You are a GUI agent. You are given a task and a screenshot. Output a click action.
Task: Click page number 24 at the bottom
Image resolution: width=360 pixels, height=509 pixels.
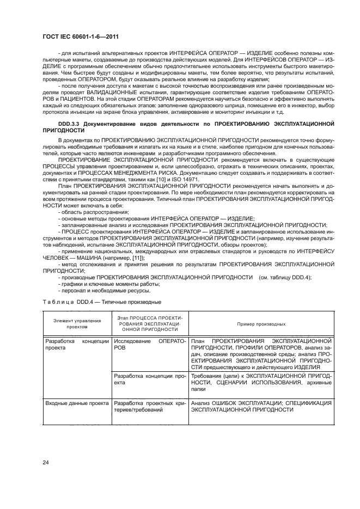click(46, 462)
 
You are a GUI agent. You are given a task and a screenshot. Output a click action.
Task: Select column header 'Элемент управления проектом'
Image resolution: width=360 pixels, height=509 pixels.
click(77, 324)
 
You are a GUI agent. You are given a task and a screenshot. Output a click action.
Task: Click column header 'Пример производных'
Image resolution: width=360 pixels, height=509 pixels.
click(261, 324)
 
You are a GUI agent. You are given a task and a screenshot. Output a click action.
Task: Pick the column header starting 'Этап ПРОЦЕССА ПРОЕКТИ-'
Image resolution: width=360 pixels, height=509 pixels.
click(150, 324)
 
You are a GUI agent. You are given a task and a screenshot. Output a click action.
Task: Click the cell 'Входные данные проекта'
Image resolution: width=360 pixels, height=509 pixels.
click(77, 403)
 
